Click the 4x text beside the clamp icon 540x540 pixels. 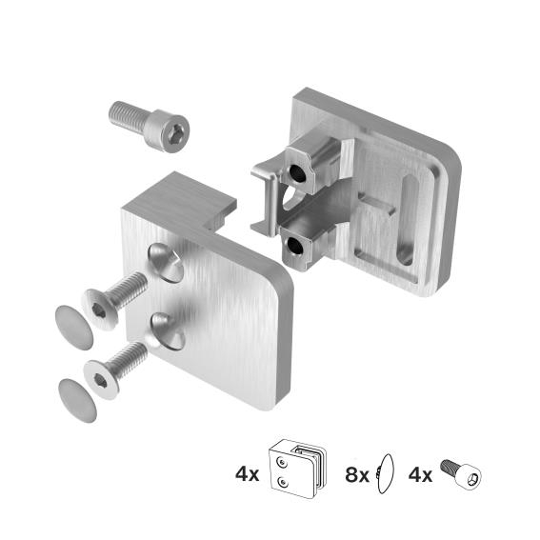click(x=246, y=473)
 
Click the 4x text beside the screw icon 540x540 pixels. click(x=420, y=473)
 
